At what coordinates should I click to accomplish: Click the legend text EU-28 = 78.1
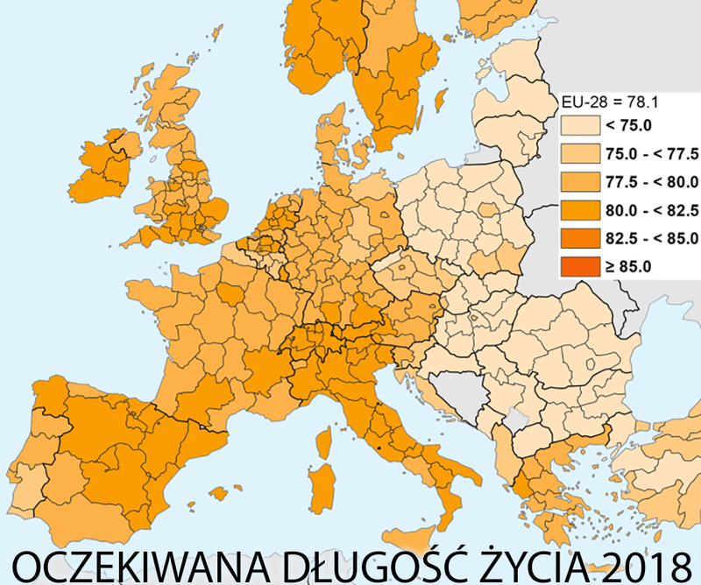pyautogui.click(x=606, y=101)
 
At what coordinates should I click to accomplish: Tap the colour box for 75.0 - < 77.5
pyautogui.click(x=581, y=153)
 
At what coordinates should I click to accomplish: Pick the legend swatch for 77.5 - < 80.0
pyautogui.click(x=581, y=181)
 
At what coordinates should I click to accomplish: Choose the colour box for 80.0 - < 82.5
pyautogui.click(x=581, y=209)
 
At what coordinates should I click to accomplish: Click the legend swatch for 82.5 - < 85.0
pyautogui.click(x=581, y=236)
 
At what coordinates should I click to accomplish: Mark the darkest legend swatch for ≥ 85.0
pyautogui.click(x=581, y=264)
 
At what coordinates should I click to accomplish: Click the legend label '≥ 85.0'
pyautogui.click(x=629, y=264)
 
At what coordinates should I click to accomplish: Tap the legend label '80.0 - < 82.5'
pyautogui.click(x=651, y=209)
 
